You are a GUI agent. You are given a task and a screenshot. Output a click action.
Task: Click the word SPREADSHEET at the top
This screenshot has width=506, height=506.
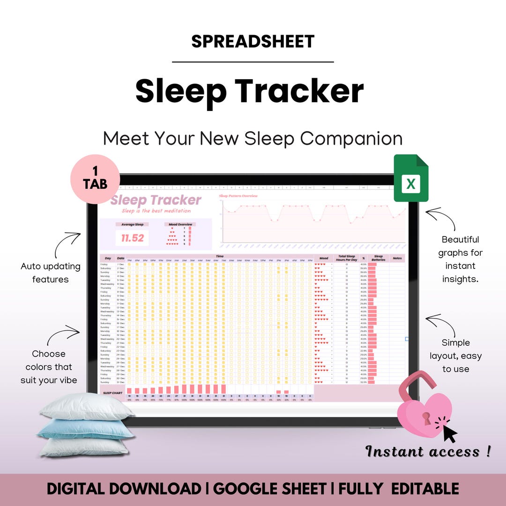click(253, 42)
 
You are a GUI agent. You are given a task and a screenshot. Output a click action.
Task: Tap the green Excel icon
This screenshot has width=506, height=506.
click(411, 179)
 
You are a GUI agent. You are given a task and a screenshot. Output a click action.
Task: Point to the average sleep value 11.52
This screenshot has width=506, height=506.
click(133, 238)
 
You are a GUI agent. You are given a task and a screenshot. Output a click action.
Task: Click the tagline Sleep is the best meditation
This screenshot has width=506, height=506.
click(156, 211)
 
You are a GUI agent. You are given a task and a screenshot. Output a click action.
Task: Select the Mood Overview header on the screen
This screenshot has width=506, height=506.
click(180, 224)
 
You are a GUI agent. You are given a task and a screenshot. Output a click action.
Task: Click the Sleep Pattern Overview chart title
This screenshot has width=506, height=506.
click(238, 196)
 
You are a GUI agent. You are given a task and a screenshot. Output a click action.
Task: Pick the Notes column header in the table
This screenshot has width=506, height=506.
click(397, 258)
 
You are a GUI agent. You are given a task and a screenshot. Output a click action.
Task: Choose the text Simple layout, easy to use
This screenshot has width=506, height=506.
click(455, 356)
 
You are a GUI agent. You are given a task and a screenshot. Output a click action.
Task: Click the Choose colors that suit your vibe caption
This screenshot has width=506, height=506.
click(49, 367)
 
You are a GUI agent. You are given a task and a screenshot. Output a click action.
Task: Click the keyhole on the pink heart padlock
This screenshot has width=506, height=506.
click(427, 418)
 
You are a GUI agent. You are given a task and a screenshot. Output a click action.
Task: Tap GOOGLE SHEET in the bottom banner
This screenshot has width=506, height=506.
click(270, 489)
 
